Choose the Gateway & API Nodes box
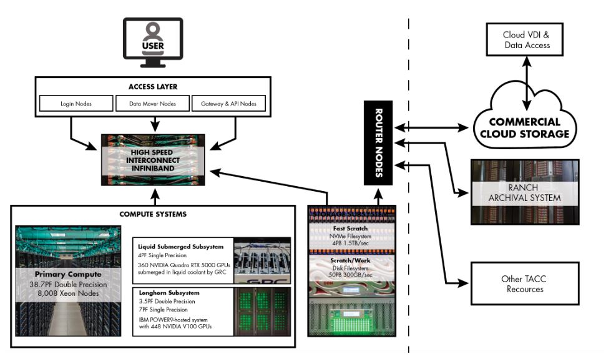[229, 103]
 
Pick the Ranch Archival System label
[525, 192]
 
